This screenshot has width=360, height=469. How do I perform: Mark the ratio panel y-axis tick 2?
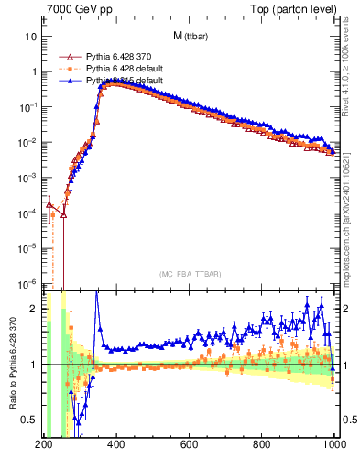click(x=35, y=309)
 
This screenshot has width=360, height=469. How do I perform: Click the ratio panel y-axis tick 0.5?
click(x=31, y=420)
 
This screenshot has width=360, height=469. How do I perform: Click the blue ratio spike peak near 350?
click(x=97, y=293)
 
